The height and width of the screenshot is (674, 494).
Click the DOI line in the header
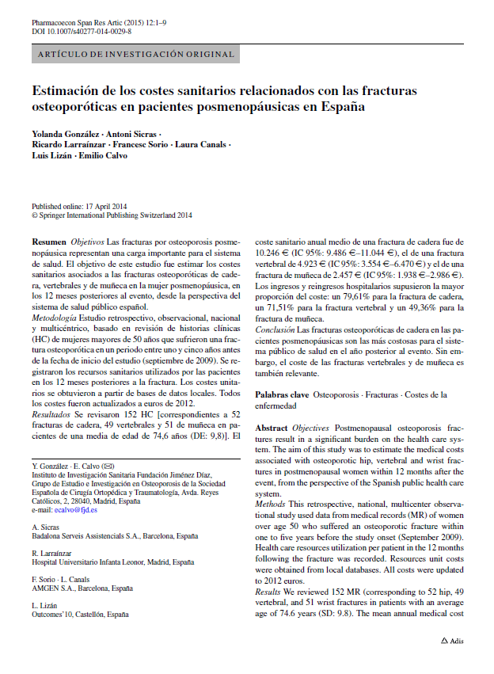(x=82, y=31)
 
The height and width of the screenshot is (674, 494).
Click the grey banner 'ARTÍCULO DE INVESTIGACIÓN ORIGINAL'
(x=135, y=55)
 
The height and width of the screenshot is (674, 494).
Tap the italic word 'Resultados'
(x=51, y=413)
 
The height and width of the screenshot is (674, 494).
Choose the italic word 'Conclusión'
(x=275, y=329)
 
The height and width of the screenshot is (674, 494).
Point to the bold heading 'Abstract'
(x=272, y=427)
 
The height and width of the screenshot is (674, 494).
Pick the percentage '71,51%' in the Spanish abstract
(x=272, y=307)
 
